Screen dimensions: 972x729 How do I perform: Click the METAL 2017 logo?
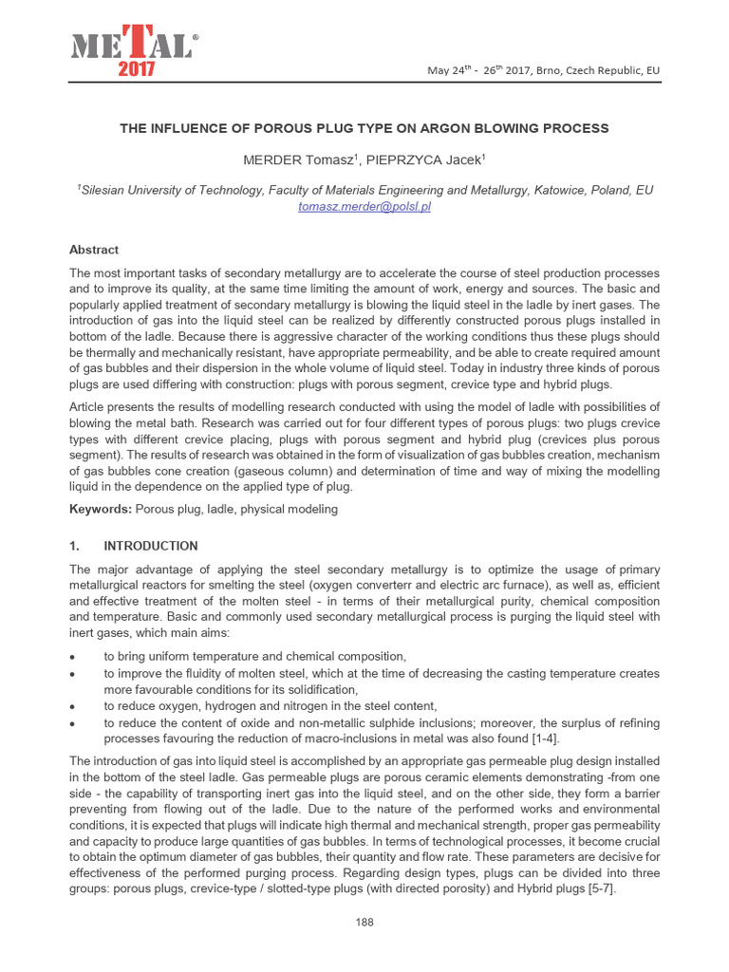tap(134, 53)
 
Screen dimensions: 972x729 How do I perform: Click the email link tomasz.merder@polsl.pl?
tap(364, 206)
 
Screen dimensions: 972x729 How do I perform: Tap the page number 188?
tap(364, 922)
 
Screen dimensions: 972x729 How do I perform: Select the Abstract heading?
tap(94, 250)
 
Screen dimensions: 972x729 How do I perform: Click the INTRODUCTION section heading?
tap(151, 546)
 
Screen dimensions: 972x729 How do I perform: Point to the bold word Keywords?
tap(101, 510)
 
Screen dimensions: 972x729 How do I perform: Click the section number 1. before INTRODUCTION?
tap(76, 546)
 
